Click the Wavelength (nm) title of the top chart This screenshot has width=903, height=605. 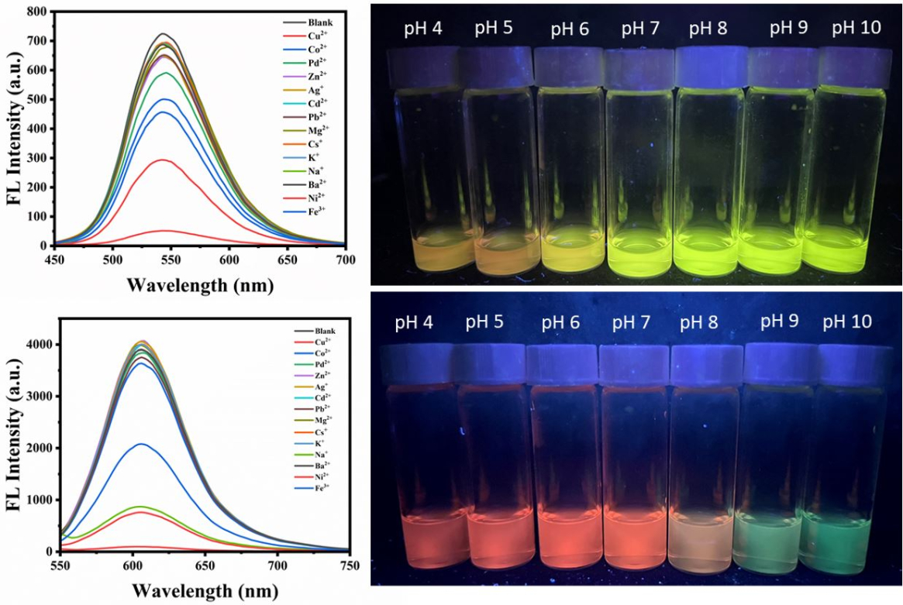click(200, 284)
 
